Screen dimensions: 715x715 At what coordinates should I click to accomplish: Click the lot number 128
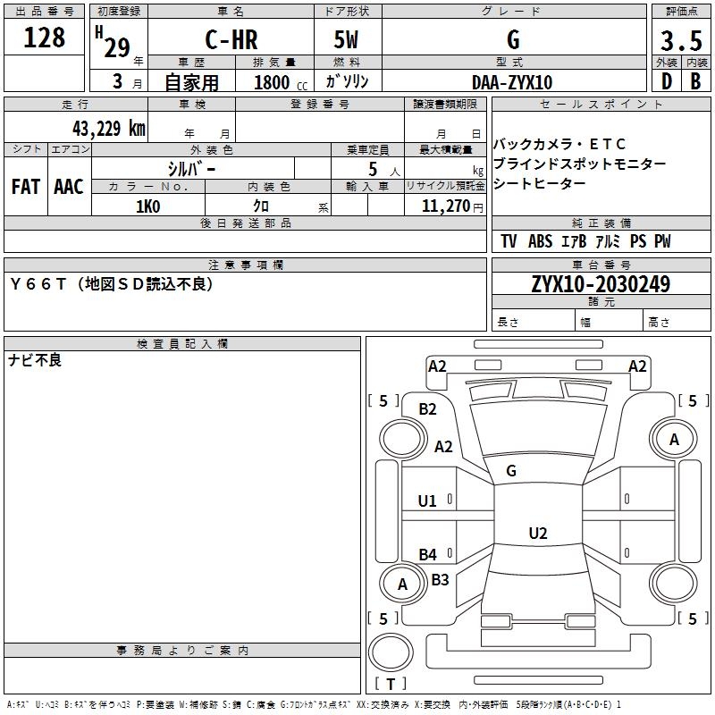click(x=45, y=38)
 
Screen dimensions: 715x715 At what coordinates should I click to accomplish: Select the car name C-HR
click(x=231, y=40)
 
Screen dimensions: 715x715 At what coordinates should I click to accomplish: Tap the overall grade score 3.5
click(x=680, y=41)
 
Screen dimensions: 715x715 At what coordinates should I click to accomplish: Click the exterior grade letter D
click(x=666, y=81)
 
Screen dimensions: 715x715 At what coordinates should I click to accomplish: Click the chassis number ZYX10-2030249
click(x=601, y=284)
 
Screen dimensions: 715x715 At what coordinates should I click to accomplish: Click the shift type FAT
click(x=26, y=187)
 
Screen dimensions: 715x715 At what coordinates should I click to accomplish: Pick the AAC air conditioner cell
click(x=69, y=187)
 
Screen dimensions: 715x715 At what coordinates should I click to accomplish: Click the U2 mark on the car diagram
click(x=537, y=534)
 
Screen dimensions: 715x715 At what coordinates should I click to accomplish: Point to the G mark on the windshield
click(x=511, y=471)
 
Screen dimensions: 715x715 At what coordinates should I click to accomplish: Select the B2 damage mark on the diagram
click(x=428, y=409)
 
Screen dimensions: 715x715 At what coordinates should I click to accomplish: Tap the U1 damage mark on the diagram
click(x=428, y=500)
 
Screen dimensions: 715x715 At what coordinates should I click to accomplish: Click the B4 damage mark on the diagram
click(x=428, y=554)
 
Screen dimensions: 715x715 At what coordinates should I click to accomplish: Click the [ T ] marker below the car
click(x=390, y=684)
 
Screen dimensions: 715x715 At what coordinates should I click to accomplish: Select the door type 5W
click(x=348, y=40)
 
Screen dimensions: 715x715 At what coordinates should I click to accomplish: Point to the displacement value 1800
click(x=272, y=82)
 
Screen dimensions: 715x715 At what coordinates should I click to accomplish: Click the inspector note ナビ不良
click(x=35, y=360)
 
